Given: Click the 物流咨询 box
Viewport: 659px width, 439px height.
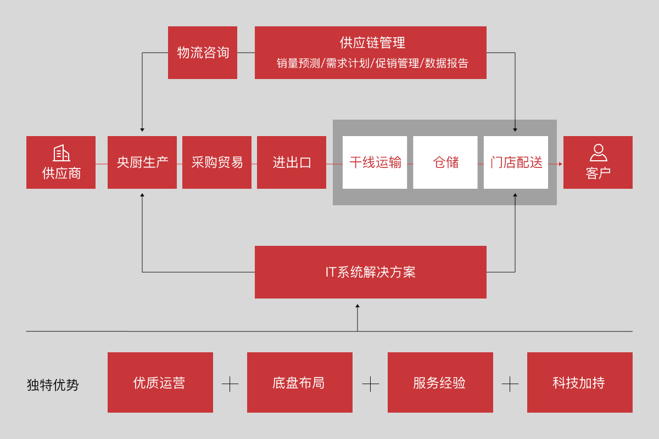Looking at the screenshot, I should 203,53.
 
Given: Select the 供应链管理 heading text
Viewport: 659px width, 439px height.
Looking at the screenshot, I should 372,43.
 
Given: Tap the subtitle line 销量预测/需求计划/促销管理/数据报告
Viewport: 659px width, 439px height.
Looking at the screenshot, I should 372,63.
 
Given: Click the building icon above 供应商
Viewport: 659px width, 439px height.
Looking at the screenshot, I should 61,153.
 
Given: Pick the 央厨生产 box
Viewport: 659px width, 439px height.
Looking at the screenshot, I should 142,162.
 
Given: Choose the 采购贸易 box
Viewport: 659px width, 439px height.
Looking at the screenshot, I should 217,162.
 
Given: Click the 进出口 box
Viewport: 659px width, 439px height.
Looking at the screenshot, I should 292,162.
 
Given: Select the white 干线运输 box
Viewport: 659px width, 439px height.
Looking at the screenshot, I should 375,162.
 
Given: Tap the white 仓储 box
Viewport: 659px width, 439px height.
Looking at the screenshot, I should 445,162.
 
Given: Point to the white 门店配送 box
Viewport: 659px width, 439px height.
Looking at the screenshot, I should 516,162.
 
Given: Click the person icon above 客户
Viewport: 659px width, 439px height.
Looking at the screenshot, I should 598,152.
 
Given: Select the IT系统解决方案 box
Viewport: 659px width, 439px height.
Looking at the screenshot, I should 371,272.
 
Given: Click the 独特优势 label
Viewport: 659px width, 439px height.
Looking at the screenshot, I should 53,385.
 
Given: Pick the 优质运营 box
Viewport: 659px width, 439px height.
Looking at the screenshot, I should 160,382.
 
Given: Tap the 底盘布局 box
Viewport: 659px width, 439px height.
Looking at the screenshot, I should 300,382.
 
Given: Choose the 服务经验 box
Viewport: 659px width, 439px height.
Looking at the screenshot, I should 440,382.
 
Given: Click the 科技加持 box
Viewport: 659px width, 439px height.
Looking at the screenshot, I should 580,382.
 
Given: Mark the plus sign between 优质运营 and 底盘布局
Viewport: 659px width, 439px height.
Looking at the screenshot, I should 230,384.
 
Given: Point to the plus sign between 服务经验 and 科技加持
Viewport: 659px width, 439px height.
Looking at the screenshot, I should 510,384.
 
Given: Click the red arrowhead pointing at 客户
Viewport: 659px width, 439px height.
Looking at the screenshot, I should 560,164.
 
